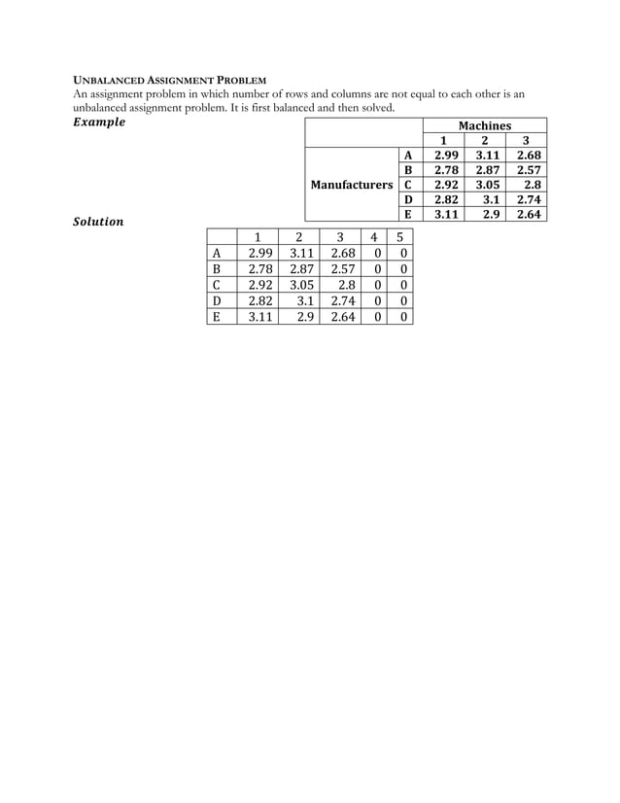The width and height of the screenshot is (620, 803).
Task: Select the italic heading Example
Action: coord(100,122)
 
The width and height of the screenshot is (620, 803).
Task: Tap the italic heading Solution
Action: coord(99,222)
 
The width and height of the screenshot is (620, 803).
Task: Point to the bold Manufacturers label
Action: coord(351,184)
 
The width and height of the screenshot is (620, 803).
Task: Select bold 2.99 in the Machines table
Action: coord(445,155)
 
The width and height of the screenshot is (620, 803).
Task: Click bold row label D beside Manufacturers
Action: coord(408,199)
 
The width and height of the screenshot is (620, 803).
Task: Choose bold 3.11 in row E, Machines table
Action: coord(445,215)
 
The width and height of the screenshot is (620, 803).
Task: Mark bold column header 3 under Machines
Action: coord(526,140)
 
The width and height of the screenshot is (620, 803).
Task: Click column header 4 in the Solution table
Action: coord(374,236)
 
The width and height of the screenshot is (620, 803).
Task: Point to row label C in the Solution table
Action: coord(218,285)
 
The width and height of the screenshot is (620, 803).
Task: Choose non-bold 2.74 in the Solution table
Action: coord(341,300)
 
